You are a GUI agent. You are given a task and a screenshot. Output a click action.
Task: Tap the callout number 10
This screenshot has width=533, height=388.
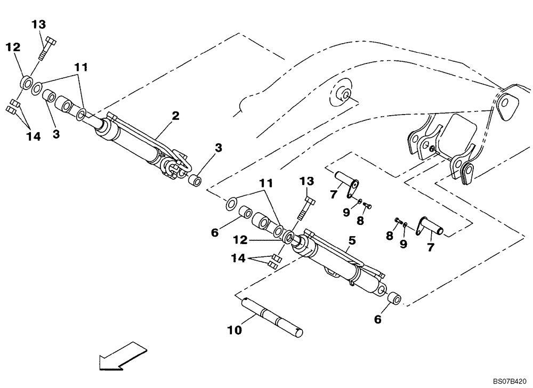[x=234, y=330]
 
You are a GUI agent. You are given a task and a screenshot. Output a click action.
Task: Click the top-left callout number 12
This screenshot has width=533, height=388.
[x=13, y=47]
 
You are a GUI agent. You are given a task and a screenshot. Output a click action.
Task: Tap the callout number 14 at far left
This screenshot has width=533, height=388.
[x=33, y=137]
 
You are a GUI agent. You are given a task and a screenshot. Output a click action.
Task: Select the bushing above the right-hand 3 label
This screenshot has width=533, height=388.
[x=196, y=180]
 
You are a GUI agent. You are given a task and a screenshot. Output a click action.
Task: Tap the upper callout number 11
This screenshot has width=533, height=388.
[x=81, y=68]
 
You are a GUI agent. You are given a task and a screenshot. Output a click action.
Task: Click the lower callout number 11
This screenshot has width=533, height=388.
[x=267, y=183]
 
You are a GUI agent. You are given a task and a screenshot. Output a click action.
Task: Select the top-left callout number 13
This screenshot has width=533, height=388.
[x=38, y=24]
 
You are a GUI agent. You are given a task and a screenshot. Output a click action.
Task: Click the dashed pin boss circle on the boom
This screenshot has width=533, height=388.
[x=343, y=95]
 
